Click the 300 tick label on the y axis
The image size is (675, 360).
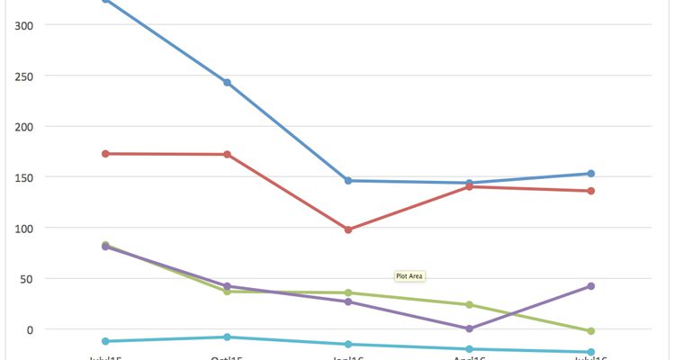pos(23,24)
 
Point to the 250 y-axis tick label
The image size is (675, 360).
pos(23,76)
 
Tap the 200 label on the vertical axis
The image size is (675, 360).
pos(23,126)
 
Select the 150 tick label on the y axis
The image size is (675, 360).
pos(23,177)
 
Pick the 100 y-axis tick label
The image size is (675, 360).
pos(23,228)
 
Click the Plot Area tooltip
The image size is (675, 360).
pos(409,275)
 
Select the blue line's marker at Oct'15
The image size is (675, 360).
pos(227,83)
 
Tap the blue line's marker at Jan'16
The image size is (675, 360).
pos(348,181)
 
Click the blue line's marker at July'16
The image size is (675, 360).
pos(590,174)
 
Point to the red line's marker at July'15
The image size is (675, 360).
pos(106,154)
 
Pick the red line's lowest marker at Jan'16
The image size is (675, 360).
pos(348,229)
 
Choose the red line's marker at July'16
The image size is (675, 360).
pos(590,191)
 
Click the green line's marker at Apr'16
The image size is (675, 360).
pos(469,305)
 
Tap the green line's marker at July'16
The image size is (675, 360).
pos(590,331)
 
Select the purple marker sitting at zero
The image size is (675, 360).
pos(469,328)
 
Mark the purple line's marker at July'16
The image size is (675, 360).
pos(590,286)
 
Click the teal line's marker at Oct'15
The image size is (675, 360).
pos(227,337)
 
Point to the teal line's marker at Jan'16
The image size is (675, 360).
pos(348,345)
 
